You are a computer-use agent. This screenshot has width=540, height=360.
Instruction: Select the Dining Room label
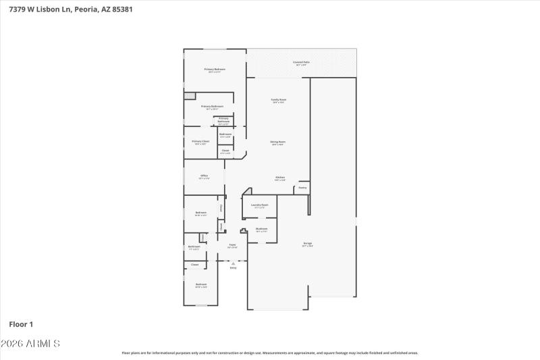click(x=278, y=143)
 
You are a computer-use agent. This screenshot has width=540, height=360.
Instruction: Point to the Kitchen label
click(x=279, y=178)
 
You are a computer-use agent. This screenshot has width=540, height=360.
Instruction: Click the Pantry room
click(x=302, y=188)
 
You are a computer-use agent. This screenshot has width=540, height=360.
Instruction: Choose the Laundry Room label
click(x=260, y=205)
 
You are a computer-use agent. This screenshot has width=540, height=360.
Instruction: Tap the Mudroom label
click(x=262, y=230)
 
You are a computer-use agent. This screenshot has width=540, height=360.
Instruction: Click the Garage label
click(x=307, y=244)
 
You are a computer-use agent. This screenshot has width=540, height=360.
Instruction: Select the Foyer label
click(x=232, y=246)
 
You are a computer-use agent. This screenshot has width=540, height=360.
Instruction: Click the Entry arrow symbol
click(x=233, y=263)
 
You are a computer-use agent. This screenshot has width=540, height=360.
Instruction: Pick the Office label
click(x=204, y=176)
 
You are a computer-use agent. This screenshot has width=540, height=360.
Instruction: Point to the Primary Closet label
click(x=200, y=142)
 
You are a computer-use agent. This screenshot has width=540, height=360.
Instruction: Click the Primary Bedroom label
click(x=215, y=70)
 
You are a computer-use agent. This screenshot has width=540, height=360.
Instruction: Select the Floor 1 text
click(x=21, y=324)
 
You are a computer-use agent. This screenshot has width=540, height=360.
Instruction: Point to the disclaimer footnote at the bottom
click(x=269, y=353)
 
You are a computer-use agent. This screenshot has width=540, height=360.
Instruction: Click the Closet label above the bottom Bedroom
click(x=194, y=265)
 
